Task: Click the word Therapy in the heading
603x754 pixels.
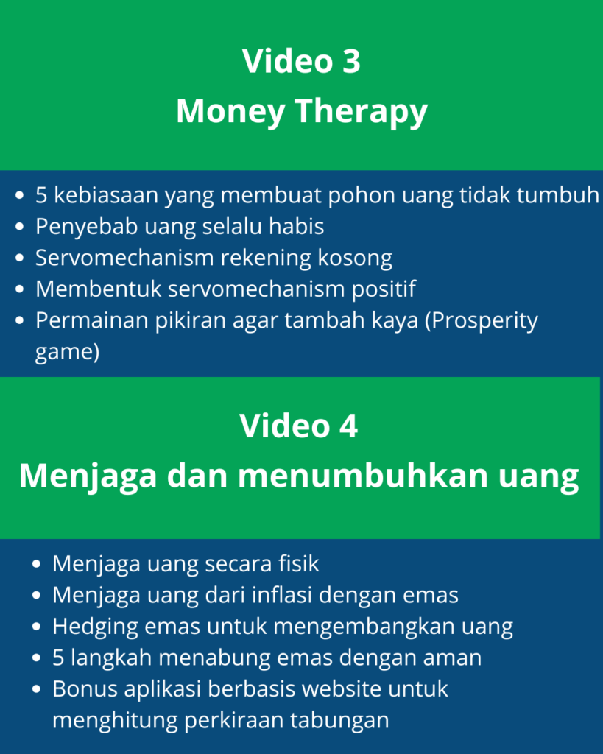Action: (x=361, y=113)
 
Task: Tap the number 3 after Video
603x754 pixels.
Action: (x=351, y=61)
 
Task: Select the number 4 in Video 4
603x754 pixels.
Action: (x=348, y=426)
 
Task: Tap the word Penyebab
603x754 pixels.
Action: (x=87, y=227)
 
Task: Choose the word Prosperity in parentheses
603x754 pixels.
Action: (x=482, y=321)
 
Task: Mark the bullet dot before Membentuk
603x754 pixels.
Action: (x=20, y=289)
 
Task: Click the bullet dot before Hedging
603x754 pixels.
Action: (x=37, y=627)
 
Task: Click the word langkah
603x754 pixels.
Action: (x=111, y=658)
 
